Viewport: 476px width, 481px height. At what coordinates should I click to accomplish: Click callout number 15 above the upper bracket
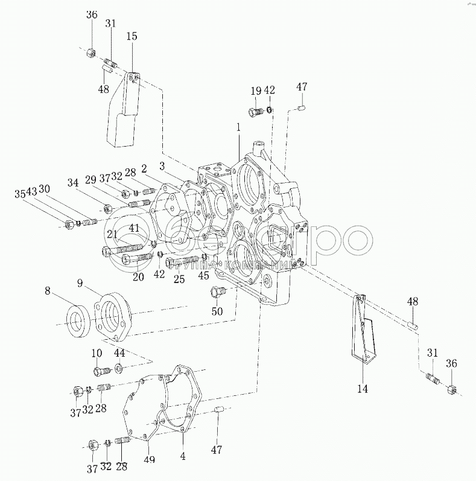pyautogui.click(x=132, y=37)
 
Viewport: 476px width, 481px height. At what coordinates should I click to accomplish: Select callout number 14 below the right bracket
pyautogui.click(x=362, y=389)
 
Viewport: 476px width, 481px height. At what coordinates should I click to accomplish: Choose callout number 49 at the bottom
pyautogui.click(x=150, y=460)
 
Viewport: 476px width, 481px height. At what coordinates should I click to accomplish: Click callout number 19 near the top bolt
pyautogui.click(x=256, y=91)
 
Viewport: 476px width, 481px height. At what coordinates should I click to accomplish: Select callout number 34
pyautogui.click(x=72, y=182)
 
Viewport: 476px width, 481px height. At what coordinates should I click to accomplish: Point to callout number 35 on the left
pyautogui.click(x=21, y=194)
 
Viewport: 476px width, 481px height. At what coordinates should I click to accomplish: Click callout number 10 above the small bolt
pyautogui.click(x=97, y=352)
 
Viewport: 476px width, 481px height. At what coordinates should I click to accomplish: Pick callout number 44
pyautogui.click(x=119, y=352)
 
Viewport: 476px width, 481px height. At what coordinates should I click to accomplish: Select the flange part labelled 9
pyautogui.click(x=112, y=316)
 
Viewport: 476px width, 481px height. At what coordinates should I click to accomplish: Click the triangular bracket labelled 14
pyautogui.click(x=364, y=332)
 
